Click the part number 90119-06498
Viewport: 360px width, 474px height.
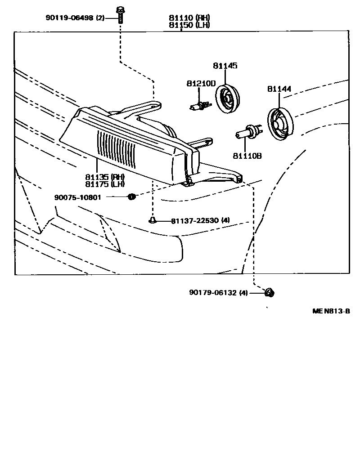point(69,18)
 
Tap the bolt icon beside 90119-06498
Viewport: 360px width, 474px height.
point(121,15)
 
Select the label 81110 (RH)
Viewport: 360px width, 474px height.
point(189,18)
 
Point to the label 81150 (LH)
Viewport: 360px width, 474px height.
point(189,25)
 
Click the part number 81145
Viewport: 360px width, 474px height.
point(225,66)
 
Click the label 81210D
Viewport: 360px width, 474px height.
point(201,84)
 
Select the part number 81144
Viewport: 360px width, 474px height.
point(279,89)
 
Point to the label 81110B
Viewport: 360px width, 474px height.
point(247,156)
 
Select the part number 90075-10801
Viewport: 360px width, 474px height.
point(77,197)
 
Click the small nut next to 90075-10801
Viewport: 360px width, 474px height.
point(131,197)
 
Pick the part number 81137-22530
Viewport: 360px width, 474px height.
point(195,220)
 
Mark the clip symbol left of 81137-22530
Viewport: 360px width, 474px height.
point(153,220)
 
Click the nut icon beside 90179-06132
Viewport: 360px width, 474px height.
point(269,293)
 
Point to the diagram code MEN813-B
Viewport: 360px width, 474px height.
point(331,311)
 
